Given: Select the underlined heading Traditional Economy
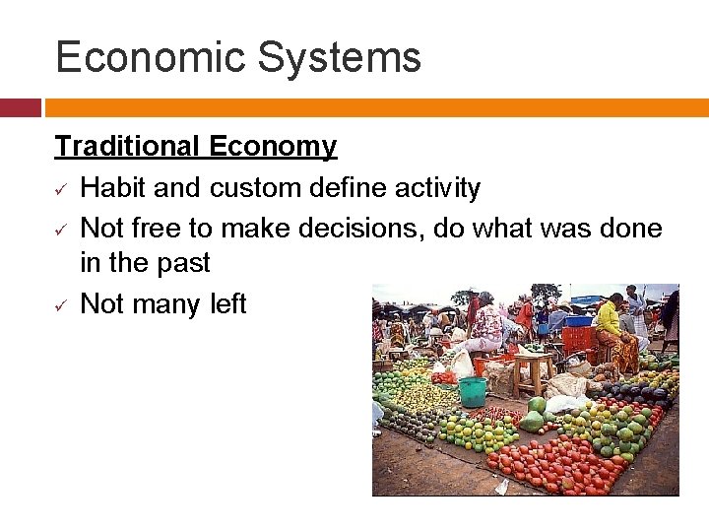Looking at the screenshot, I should tap(195, 147).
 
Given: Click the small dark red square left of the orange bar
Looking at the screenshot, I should tap(20, 107).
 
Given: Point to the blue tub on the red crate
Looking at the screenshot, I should tap(578, 320).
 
